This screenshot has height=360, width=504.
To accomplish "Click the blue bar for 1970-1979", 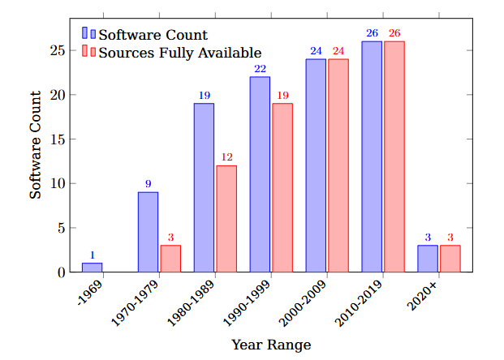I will [x=148, y=232].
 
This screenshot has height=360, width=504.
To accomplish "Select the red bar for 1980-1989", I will [x=226, y=219].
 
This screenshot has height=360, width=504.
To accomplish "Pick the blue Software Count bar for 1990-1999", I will [x=260, y=174].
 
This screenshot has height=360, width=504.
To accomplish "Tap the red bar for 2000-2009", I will [x=338, y=165].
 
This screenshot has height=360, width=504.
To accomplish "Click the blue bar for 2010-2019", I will [x=372, y=156].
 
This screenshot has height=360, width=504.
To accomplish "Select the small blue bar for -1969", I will [x=92, y=268].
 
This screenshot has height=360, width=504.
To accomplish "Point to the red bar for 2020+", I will [x=450, y=259].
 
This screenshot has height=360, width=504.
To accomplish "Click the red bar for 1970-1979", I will [x=170, y=259].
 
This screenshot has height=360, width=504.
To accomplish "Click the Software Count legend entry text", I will [x=153, y=35].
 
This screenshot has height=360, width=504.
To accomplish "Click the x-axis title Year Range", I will [x=271, y=345].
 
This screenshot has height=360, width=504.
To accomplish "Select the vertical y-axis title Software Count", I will [x=36, y=146].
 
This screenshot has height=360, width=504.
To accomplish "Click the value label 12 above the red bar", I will [x=226, y=156].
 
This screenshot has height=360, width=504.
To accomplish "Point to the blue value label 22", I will [x=260, y=69].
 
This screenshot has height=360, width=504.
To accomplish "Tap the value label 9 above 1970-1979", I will [x=148, y=184].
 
